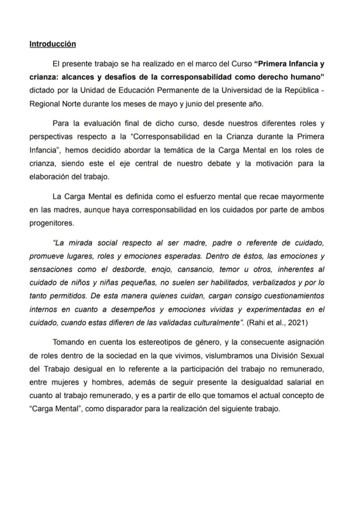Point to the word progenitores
coord(53,222)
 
